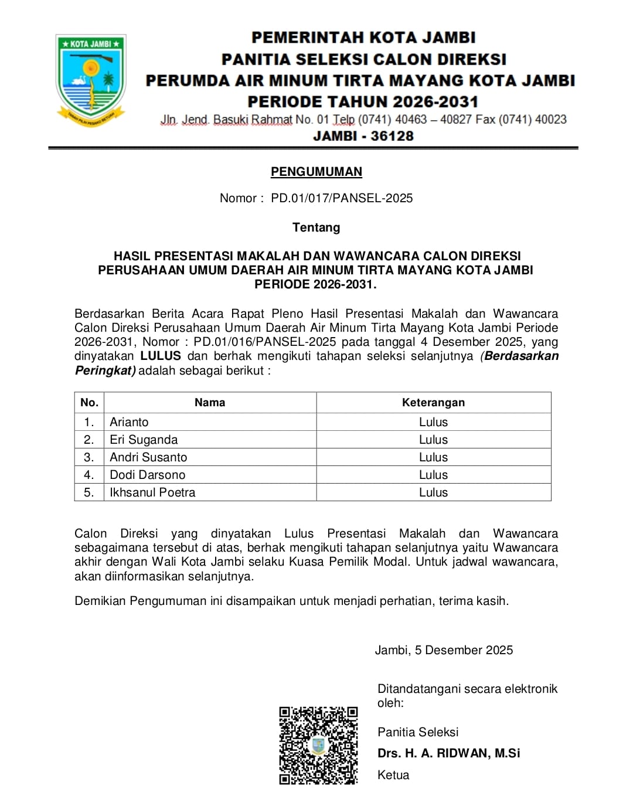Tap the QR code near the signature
point(318,745)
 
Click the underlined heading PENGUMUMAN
point(316,172)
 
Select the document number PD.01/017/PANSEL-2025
point(342,198)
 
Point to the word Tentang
point(316,227)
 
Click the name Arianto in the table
point(129,422)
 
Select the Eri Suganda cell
point(144,440)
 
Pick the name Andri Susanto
point(148,457)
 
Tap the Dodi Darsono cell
point(147,475)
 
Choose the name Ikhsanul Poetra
point(152,492)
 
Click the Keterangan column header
point(433,402)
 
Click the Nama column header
point(210,402)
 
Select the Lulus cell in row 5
point(433,492)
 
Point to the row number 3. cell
point(89,457)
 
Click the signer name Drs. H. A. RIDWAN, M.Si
point(448,753)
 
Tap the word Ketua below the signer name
point(393,775)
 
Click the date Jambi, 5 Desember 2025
point(444,650)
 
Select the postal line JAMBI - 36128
point(363,136)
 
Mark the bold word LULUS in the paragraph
point(161,356)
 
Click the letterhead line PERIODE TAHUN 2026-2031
point(363,101)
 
